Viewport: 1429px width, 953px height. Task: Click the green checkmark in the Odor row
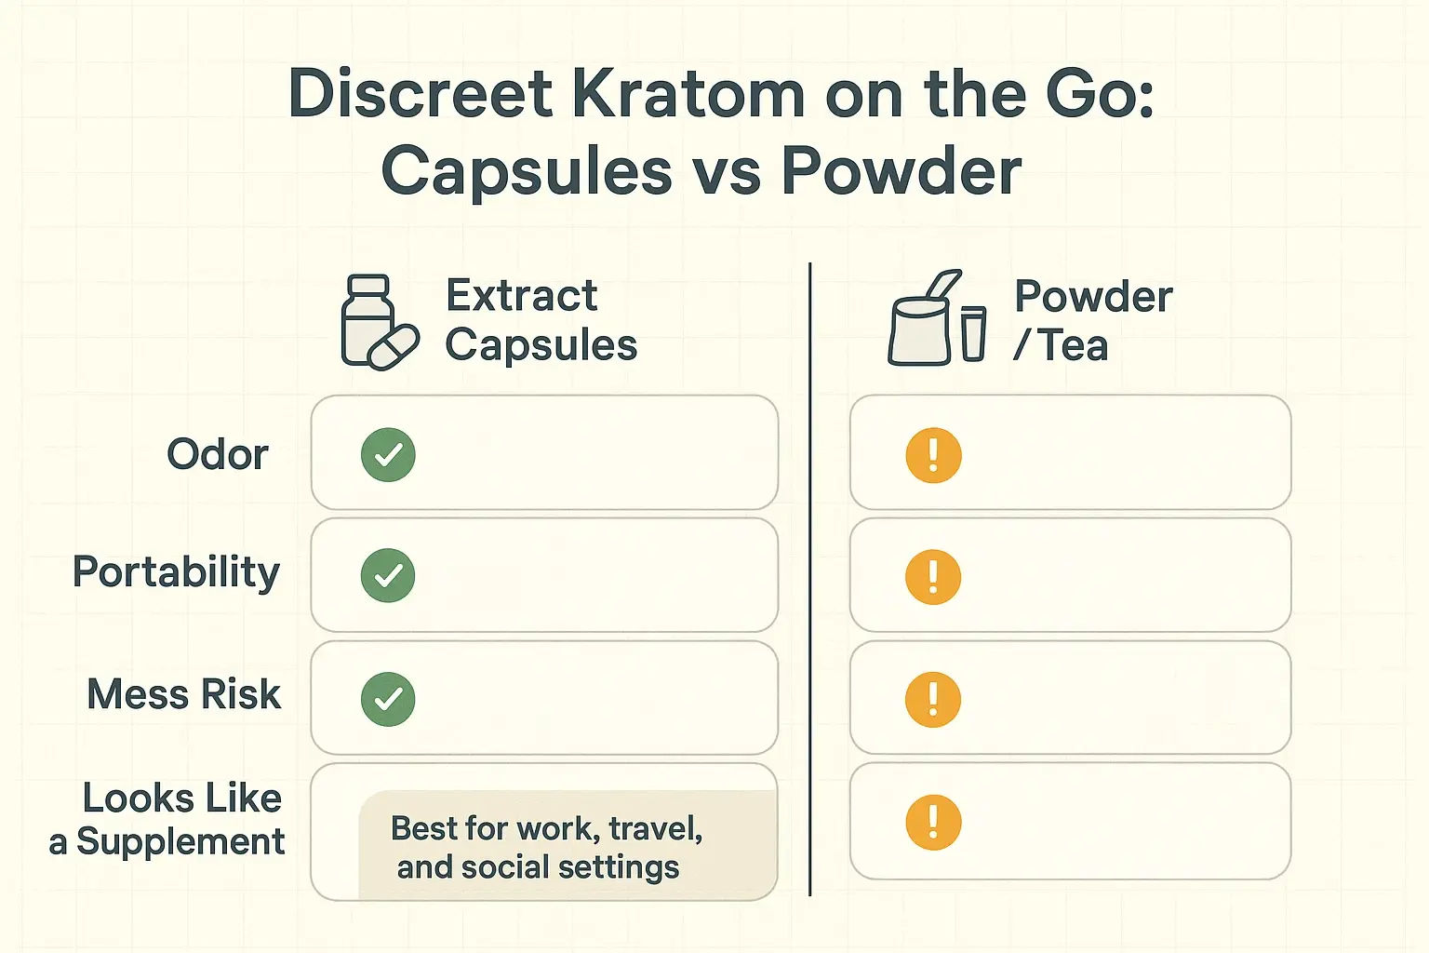[x=388, y=455]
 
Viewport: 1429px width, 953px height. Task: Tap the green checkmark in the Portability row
[x=388, y=576]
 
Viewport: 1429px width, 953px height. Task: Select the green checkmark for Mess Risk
[x=388, y=699]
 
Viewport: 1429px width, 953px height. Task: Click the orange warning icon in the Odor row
[x=933, y=455]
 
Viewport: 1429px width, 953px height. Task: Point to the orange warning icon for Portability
[x=933, y=577]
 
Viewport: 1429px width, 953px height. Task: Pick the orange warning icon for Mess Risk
[x=933, y=700]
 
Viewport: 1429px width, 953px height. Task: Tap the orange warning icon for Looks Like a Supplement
[x=933, y=822]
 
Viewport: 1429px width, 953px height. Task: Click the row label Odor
[x=218, y=455]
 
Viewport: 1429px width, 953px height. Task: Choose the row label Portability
[x=176, y=571]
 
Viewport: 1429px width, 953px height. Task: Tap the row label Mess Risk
[x=184, y=694]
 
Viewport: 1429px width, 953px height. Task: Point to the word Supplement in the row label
[x=180, y=841]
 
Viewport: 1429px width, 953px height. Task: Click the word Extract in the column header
[x=521, y=296]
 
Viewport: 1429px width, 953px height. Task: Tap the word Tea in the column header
[x=1074, y=346]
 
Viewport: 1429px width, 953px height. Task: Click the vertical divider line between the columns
[x=810, y=577]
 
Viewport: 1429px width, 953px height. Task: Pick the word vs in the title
[x=727, y=172]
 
